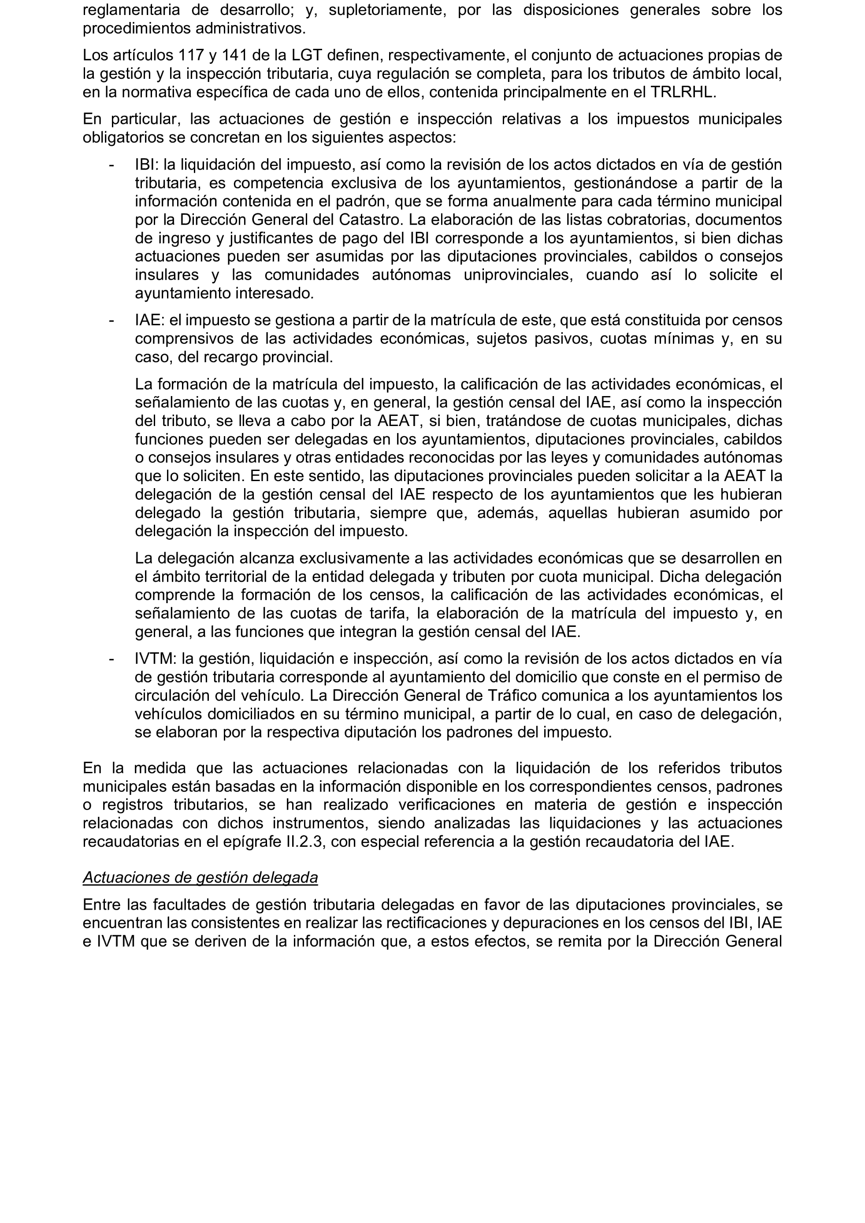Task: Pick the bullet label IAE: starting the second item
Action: (x=149, y=320)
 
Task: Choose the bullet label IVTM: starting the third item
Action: (x=155, y=659)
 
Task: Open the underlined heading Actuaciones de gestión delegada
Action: (x=200, y=878)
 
